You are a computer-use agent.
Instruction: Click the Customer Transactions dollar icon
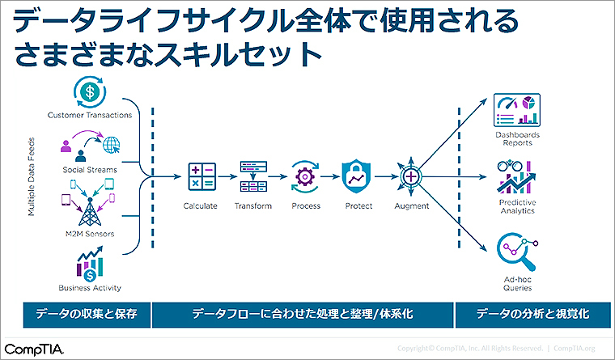[90, 91]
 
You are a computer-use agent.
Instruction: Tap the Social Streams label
[90, 170]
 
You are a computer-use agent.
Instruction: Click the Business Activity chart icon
[90, 264]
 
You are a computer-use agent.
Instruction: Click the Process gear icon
[306, 176]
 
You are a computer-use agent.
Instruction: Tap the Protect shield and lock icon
[358, 176]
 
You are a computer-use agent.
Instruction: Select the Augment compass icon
[411, 176]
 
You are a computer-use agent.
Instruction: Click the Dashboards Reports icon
[517, 109]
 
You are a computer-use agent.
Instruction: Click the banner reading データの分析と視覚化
[532, 315]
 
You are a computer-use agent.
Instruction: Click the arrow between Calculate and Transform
[227, 176]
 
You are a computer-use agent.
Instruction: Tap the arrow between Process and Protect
[332, 176]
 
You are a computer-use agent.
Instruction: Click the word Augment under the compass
[411, 205]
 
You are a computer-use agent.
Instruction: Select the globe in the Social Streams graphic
[111, 146]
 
